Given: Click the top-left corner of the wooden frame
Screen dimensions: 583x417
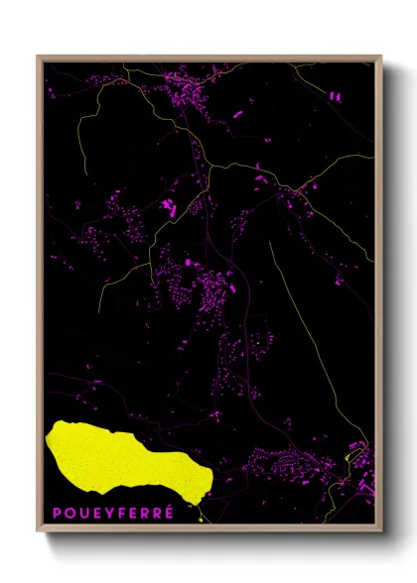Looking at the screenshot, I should [37, 57].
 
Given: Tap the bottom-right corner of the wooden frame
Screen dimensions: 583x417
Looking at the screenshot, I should [381, 532].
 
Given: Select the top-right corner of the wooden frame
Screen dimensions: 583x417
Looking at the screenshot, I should [381, 57].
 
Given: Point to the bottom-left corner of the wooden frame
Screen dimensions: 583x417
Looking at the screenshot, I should [37, 532].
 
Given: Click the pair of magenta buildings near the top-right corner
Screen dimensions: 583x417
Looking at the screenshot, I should [334, 97].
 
